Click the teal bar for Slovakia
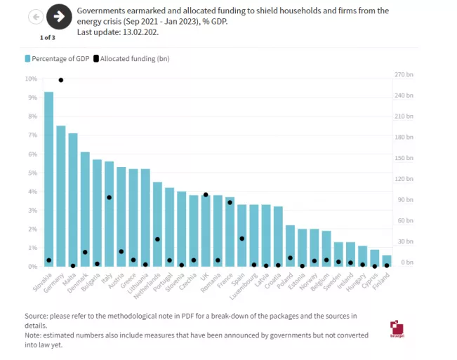(x=48, y=179)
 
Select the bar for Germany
(x=61, y=196)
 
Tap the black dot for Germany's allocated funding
(x=61, y=80)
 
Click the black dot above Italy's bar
(x=109, y=197)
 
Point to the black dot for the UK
(x=206, y=195)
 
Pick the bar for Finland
(x=387, y=261)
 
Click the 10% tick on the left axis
(x=32, y=79)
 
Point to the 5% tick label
(x=33, y=173)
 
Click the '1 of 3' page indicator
(x=47, y=37)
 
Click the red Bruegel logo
(x=397, y=329)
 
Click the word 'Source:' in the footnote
(x=37, y=316)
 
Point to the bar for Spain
(x=242, y=236)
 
